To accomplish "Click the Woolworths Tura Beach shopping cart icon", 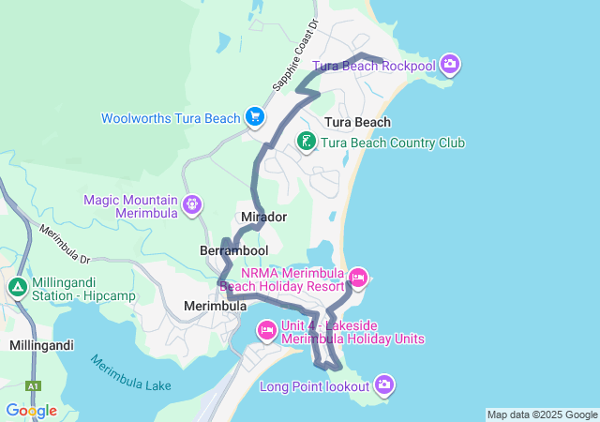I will pyautogui.click(x=254, y=117).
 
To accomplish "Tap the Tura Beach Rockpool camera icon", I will pyautogui.click(x=450, y=64).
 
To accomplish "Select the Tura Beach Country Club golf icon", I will pyautogui.click(x=306, y=142).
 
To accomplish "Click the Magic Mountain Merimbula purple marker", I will pyautogui.click(x=192, y=203).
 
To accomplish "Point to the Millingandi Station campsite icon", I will pyautogui.click(x=17, y=287).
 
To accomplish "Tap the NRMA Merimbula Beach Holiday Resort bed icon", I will pyautogui.click(x=358, y=277).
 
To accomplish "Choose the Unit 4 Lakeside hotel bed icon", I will pyautogui.click(x=266, y=329).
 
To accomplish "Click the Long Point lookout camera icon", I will pyautogui.click(x=384, y=384).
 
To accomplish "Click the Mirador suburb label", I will pyautogui.click(x=263, y=217).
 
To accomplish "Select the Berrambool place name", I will pyautogui.click(x=233, y=250).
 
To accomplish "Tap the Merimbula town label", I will pyautogui.click(x=215, y=306).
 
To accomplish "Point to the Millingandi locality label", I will pyautogui.click(x=41, y=345).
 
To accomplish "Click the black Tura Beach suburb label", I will pyautogui.click(x=357, y=122).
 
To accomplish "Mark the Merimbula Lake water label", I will pyautogui.click(x=131, y=373).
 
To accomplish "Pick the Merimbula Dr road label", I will pyautogui.click(x=63, y=242).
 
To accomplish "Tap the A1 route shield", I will pyautogui.click(x=34, y=386).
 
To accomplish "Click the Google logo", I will pyautogui.click(x=31, y=411).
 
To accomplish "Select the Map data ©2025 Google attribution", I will pyautogui.click(x=542, y=414).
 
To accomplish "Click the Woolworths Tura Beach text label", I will pyautogui.click(x=171, y=118).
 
